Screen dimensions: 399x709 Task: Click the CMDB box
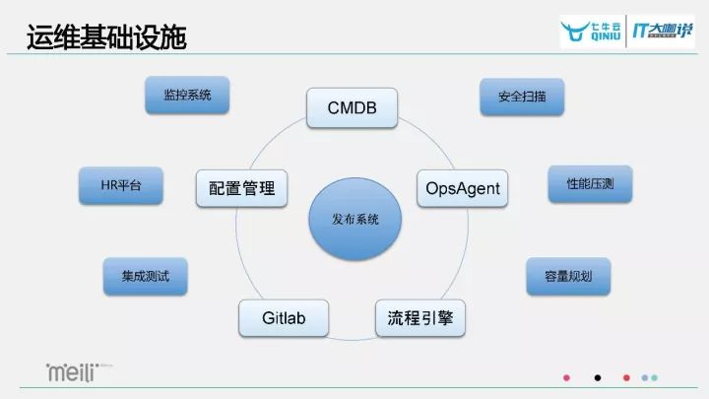pos(351,108)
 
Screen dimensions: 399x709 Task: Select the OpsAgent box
pos(463,187)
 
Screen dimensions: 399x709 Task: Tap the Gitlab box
pos(284,319)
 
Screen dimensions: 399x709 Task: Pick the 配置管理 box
pos(242,187)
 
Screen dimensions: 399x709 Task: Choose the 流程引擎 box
pos(420,319)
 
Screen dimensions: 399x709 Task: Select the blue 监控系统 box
pos(186,96)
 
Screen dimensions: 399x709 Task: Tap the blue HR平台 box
pos(120,185)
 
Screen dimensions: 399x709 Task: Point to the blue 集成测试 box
pos(145,276)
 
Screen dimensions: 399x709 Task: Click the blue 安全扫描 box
pos(522,97)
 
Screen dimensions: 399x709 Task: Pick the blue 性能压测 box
pos(590,184)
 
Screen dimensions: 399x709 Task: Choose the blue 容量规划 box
pos(568,276)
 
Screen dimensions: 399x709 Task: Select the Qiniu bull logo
pos(586,33)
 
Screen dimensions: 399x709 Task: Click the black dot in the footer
pos(597,377)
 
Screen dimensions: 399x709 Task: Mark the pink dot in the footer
pos(566,377)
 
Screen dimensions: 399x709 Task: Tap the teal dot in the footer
pos(655,377)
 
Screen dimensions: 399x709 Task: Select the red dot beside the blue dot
pos(626,377)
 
